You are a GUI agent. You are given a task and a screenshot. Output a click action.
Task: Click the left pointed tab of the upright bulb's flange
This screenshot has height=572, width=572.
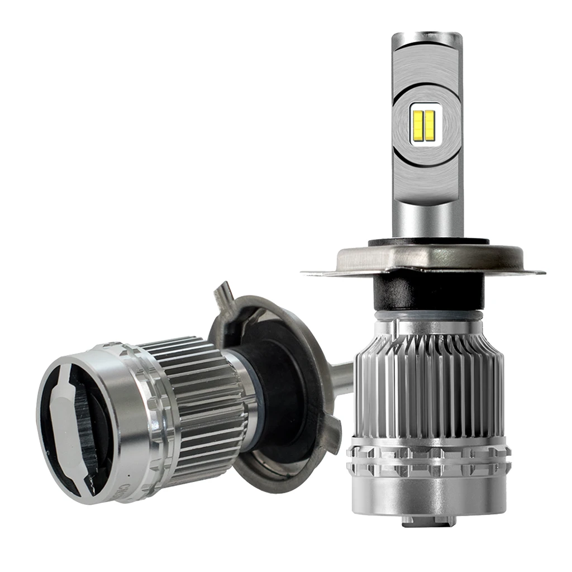click(x=313, y=273)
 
